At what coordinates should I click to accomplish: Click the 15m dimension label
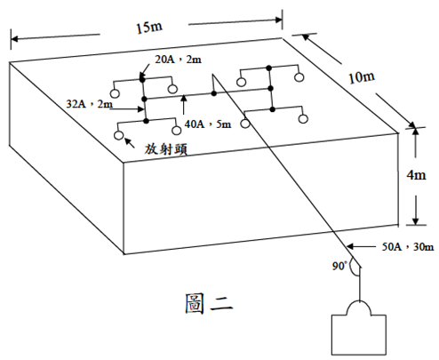point(149,28)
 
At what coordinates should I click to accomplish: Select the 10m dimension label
point(362,77)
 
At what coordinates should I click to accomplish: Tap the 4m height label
point(416,175)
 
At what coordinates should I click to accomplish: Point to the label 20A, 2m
point(178,60)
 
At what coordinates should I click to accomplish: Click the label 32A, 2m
point(89,104)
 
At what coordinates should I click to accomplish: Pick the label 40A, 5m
point(208,124)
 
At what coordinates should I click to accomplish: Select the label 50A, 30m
point(408,246)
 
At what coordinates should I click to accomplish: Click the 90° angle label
point(339,266)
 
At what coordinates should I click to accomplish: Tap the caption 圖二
point(209,303)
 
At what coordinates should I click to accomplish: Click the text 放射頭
point(166,149)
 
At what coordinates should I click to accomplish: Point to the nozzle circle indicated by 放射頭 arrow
point(118,135)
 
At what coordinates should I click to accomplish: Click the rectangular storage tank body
point(359,335)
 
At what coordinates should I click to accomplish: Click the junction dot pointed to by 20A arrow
point(142,79)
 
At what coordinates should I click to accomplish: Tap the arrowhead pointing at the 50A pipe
point(350,246)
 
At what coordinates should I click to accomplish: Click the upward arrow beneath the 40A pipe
point(184,104)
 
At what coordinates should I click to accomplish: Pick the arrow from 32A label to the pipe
point(127,109)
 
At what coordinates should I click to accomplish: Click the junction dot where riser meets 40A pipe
point(213,93)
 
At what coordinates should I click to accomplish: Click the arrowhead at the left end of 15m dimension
point(14,39)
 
